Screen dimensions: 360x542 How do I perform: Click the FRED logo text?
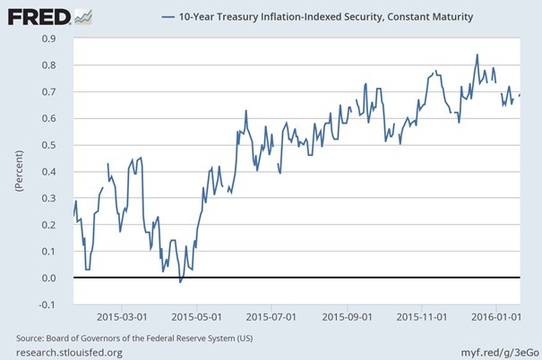tap(38, 16)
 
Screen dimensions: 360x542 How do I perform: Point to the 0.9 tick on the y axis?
tap(57, 39)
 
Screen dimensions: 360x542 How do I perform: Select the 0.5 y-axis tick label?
tap(57, 145)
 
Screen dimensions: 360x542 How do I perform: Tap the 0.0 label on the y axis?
tap(57, 279)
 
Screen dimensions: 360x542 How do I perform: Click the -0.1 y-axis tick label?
tap(56, 304)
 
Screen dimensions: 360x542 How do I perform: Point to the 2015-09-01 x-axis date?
tap(347, 316)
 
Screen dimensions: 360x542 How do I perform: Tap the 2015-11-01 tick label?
tap(421, 316)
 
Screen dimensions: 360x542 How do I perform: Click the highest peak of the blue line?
tap(477, 55)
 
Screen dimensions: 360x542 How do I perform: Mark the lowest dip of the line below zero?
tap(180, 282)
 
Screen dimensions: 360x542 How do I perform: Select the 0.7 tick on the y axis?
tap(57, 92)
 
